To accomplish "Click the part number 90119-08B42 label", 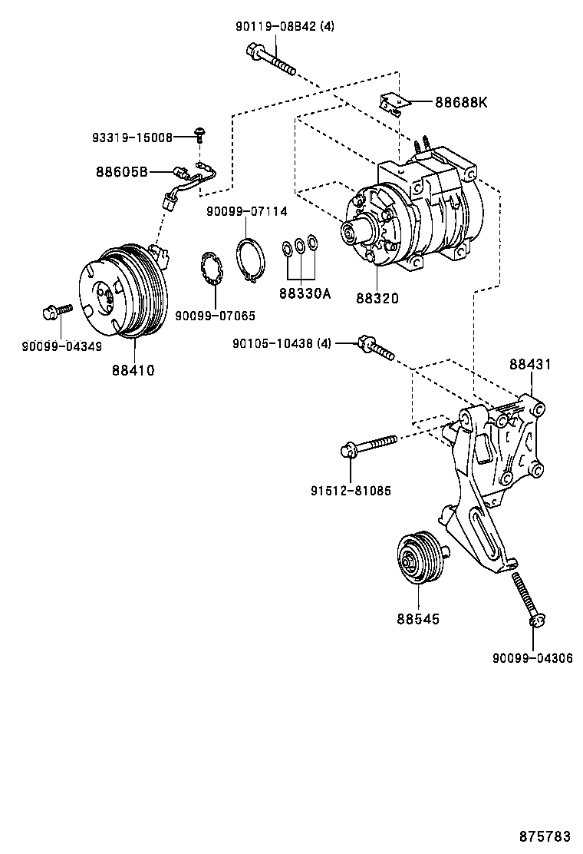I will [x=285, y=26].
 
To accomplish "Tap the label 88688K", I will [x=461, y=103].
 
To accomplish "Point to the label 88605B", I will [x=122, y=172].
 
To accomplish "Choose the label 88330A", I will [x=305, y=293].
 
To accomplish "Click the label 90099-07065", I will [x=215, y=315].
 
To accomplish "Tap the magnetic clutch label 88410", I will [x=133, y=370].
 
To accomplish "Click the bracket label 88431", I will [x=531, y=365].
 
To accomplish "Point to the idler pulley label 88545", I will [x=418, y=617].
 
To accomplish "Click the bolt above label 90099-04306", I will [x=529, y=599].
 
